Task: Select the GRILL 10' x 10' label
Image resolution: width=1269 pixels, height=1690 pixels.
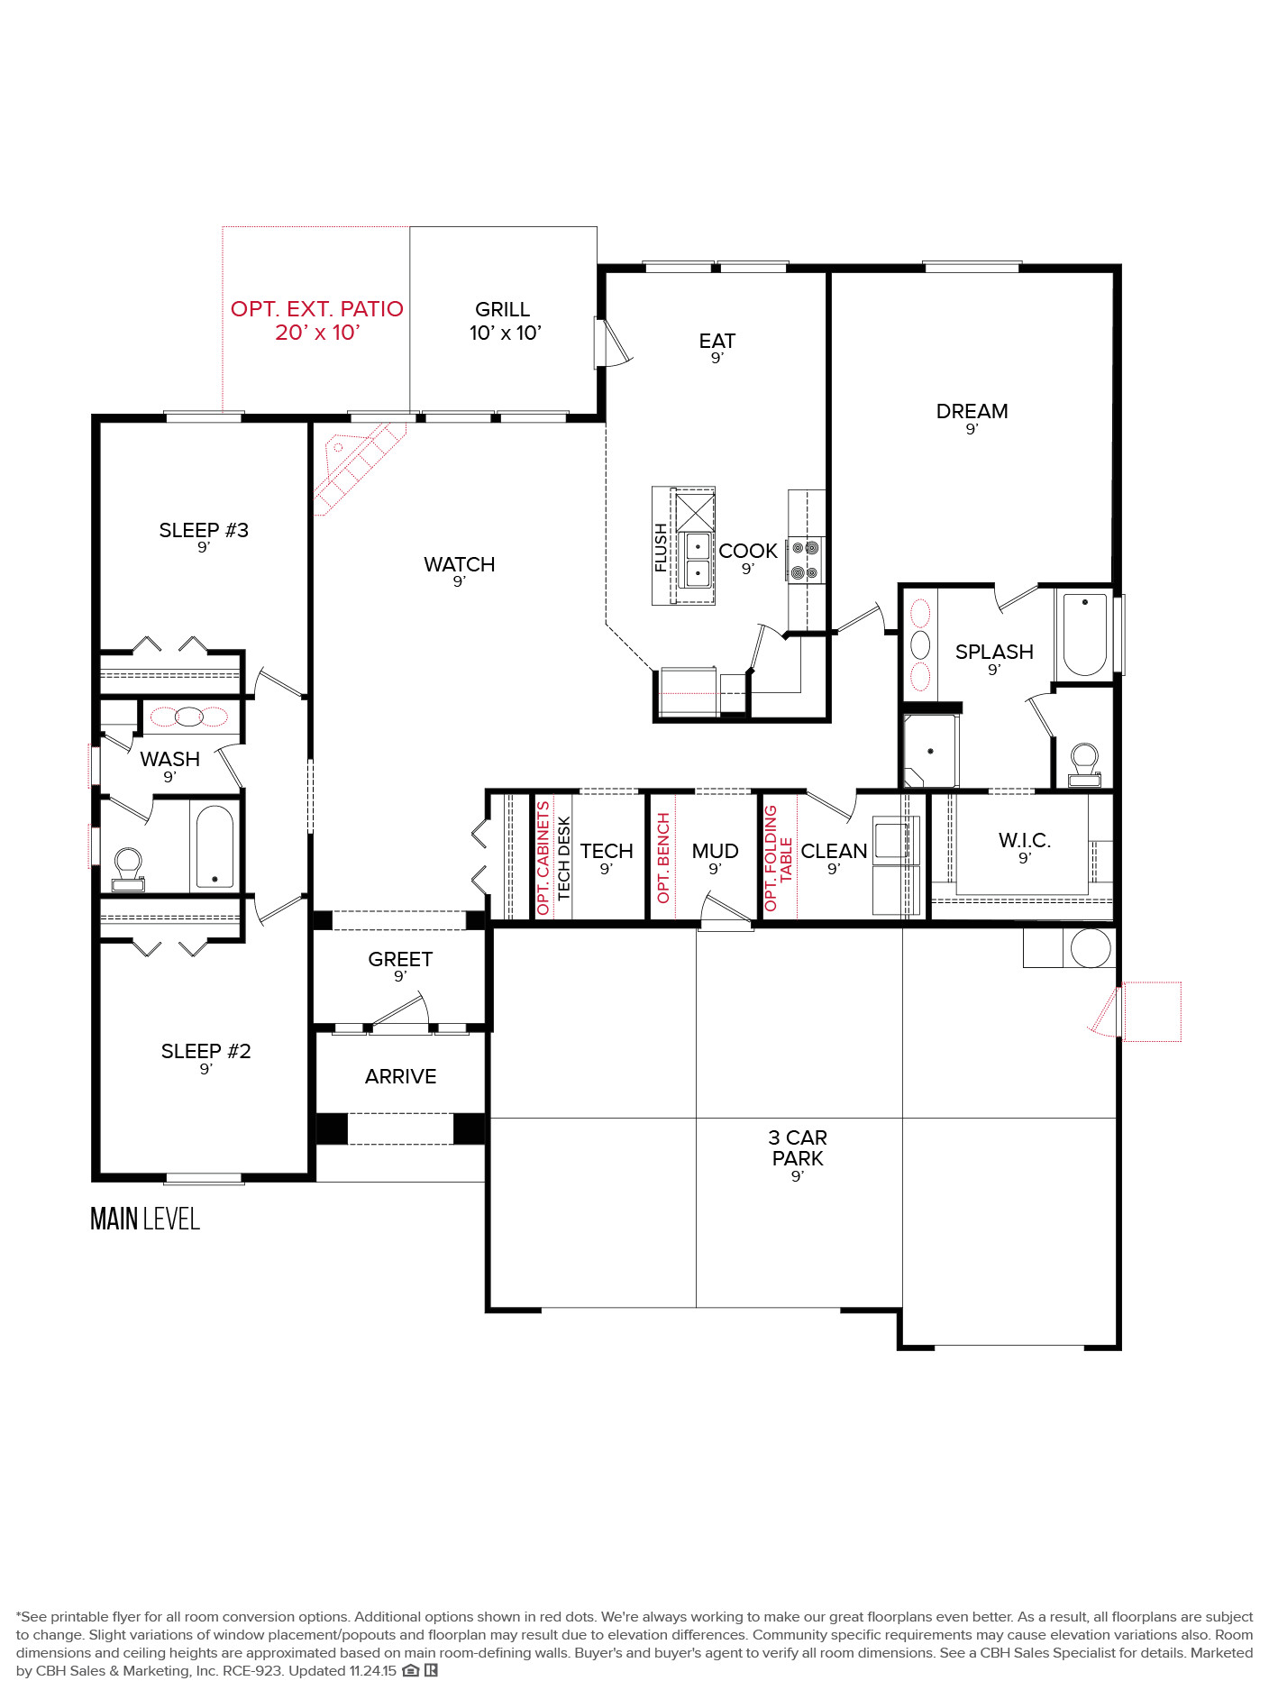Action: tap(504, 321)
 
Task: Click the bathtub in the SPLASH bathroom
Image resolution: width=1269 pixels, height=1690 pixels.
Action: tap(1085, 634)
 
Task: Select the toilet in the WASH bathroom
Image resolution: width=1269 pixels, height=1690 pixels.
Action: tap(128, 869)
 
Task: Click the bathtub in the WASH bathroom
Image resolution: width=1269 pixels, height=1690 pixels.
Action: tap(215, 846)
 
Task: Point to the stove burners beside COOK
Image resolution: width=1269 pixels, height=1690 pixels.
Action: tap(805, 560)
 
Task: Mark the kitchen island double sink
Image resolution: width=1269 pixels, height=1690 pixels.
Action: tap(698, 560)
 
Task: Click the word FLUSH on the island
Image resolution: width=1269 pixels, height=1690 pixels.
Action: tap(661, 548)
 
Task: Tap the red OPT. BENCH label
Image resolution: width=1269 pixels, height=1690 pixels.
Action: tap(663, 858)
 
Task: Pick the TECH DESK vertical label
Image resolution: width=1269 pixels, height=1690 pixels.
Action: tap(564, 858)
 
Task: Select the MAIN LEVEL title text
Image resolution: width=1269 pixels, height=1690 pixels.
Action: tap(145, 1219)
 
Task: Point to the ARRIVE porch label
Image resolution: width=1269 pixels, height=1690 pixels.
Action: tap(401, 1076)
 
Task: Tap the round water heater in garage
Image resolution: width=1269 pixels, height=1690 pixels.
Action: tap(1091, 948)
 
